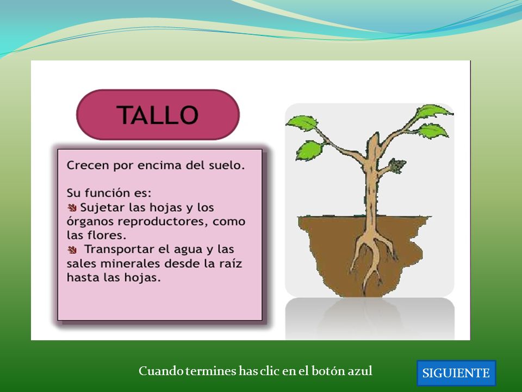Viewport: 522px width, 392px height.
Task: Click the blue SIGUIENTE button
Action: coord(456,372)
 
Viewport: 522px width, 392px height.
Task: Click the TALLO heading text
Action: coord(158,115)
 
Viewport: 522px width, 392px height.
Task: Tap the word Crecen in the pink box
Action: coord(88,165)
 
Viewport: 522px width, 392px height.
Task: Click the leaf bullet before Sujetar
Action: coord(72,207)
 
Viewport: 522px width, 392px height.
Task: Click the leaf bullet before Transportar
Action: coord(72,249)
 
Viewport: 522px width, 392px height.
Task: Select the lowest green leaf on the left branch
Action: coord(309,150)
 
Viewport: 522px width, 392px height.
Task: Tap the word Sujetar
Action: coord(102,207)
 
